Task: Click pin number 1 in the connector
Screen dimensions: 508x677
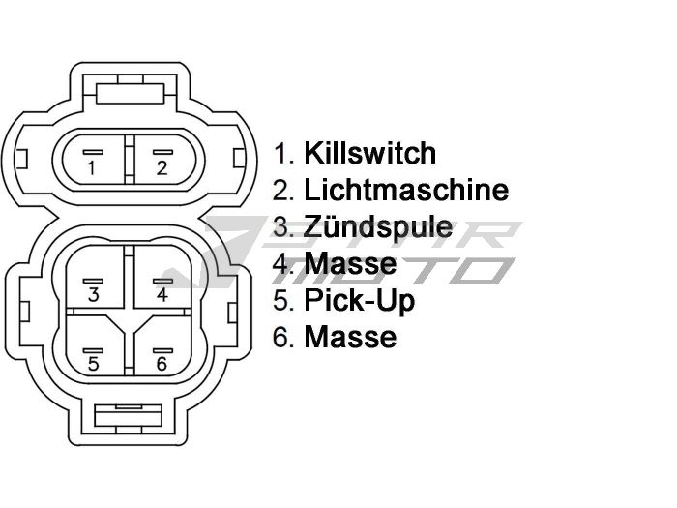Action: (91, 166)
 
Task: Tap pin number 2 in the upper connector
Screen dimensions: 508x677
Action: (162, 166)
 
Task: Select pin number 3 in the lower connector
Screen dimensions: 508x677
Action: (93, 293)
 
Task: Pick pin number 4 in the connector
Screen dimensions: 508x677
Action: (162, 293)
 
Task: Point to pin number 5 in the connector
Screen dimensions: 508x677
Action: (93, 363)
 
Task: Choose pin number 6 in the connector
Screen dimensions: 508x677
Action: (162, 363)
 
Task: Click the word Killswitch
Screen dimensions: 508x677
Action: (369, 153)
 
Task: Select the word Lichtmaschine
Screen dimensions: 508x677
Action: (405, 190)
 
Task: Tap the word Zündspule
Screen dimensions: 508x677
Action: (377, 227)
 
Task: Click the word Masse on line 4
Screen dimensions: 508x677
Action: (350, 263)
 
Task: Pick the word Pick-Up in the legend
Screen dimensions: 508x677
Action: (359, 300)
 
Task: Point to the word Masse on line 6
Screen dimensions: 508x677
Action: (350, 337)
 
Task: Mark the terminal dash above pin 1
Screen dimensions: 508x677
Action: (91, 152)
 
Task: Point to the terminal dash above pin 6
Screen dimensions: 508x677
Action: (162, 348)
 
